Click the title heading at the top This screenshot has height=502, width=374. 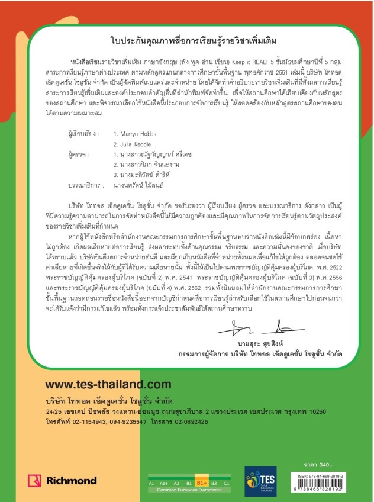coord(186,41)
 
